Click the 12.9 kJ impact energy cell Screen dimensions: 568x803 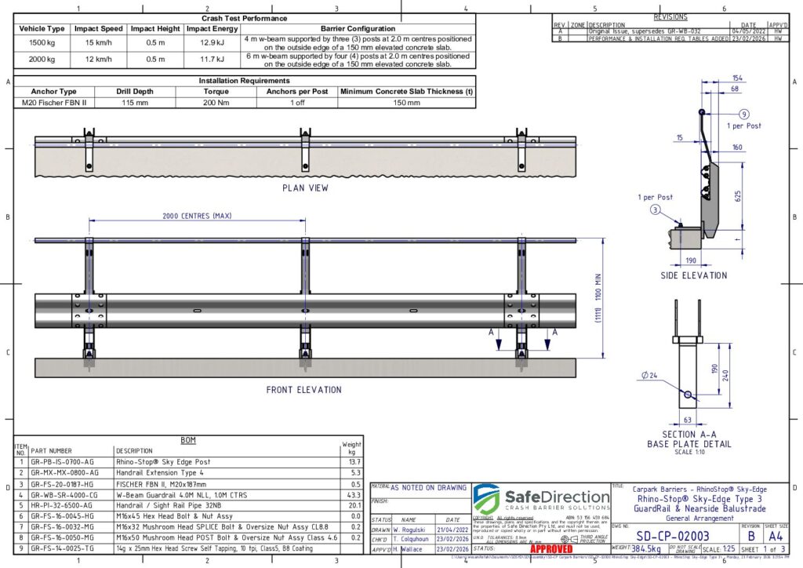tap(212, 41)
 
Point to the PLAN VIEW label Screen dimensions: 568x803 tap(305, 188)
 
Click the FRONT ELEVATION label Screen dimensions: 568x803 tap(303, 389)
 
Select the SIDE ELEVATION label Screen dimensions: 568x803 tap(693, 275)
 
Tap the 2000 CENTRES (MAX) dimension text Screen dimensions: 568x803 tap(198, 215)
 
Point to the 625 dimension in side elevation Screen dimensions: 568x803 tap(736, 196)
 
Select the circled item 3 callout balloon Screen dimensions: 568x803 tap(653, 209)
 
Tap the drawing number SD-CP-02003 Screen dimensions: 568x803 tap(672, 535)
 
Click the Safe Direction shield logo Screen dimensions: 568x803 tap(486, 499)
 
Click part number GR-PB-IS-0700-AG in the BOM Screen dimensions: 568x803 tap(64, 462)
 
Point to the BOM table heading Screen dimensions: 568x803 tap(188, 439)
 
